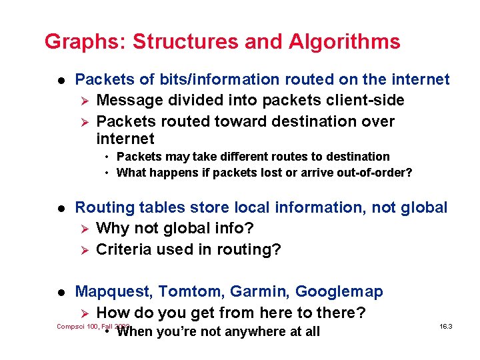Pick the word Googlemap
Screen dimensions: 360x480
(339, 292)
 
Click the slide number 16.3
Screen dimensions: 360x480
(447, 327)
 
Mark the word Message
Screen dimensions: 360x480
(127, 101)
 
